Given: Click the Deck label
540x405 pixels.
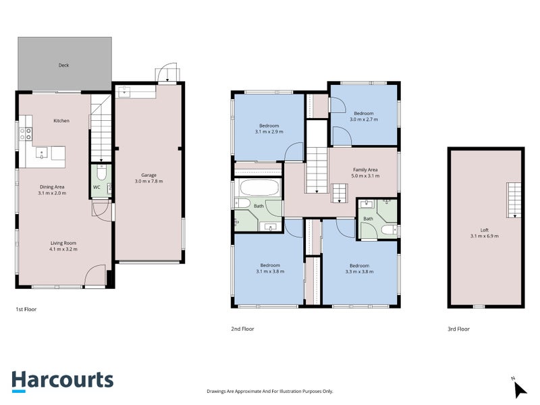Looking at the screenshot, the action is [x=63, y=65].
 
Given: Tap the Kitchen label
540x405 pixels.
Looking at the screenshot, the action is [x=61, y=121].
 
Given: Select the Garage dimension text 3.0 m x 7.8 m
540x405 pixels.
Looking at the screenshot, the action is [x=148, y=181].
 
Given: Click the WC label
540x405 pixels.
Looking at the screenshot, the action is [x=97, y=188].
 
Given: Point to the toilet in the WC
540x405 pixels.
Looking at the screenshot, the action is [x=102, y=172].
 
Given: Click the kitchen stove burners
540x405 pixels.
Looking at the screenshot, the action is [x=26, y=134].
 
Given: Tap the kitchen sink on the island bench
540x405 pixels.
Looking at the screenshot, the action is [x=42, y=153].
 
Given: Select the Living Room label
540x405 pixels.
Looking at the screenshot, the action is [x=63, y=243].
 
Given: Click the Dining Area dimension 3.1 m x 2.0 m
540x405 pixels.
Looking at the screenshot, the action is [x=52, y=193].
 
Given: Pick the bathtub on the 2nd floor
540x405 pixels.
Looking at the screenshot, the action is [x=259, y=188].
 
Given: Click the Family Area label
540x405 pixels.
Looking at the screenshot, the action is [x=365, y=170].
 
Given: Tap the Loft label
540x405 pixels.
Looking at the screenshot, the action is [x=485, y=230].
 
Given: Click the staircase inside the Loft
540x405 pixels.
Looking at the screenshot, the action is [x=514, y=200].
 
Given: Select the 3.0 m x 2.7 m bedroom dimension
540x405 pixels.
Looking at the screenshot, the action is [x=364, y=119].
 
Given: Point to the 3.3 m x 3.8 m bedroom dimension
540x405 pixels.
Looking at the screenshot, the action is [x=359, y=272].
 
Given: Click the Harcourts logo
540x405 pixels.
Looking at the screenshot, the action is [x=63, y=381].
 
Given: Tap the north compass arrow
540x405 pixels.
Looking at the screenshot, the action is [x=520, y=390].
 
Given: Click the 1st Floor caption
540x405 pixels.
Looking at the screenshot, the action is [x=26, y=309].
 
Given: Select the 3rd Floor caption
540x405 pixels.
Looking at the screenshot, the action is [x=459, y=329].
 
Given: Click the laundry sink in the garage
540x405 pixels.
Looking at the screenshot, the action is [x=124, y=92].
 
